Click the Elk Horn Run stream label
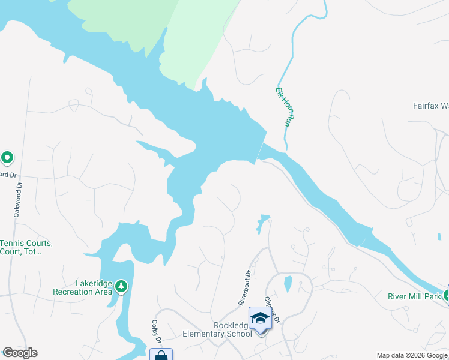282,107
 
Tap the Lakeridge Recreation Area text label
82,287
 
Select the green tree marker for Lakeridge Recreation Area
122,286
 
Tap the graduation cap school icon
259,317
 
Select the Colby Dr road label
154,331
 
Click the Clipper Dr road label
273,308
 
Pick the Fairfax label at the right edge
430,106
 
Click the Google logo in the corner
20,353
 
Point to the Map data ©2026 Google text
411,355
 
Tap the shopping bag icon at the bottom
161,355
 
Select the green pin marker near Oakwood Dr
7,158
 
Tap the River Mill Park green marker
447,295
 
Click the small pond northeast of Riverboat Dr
262,223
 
